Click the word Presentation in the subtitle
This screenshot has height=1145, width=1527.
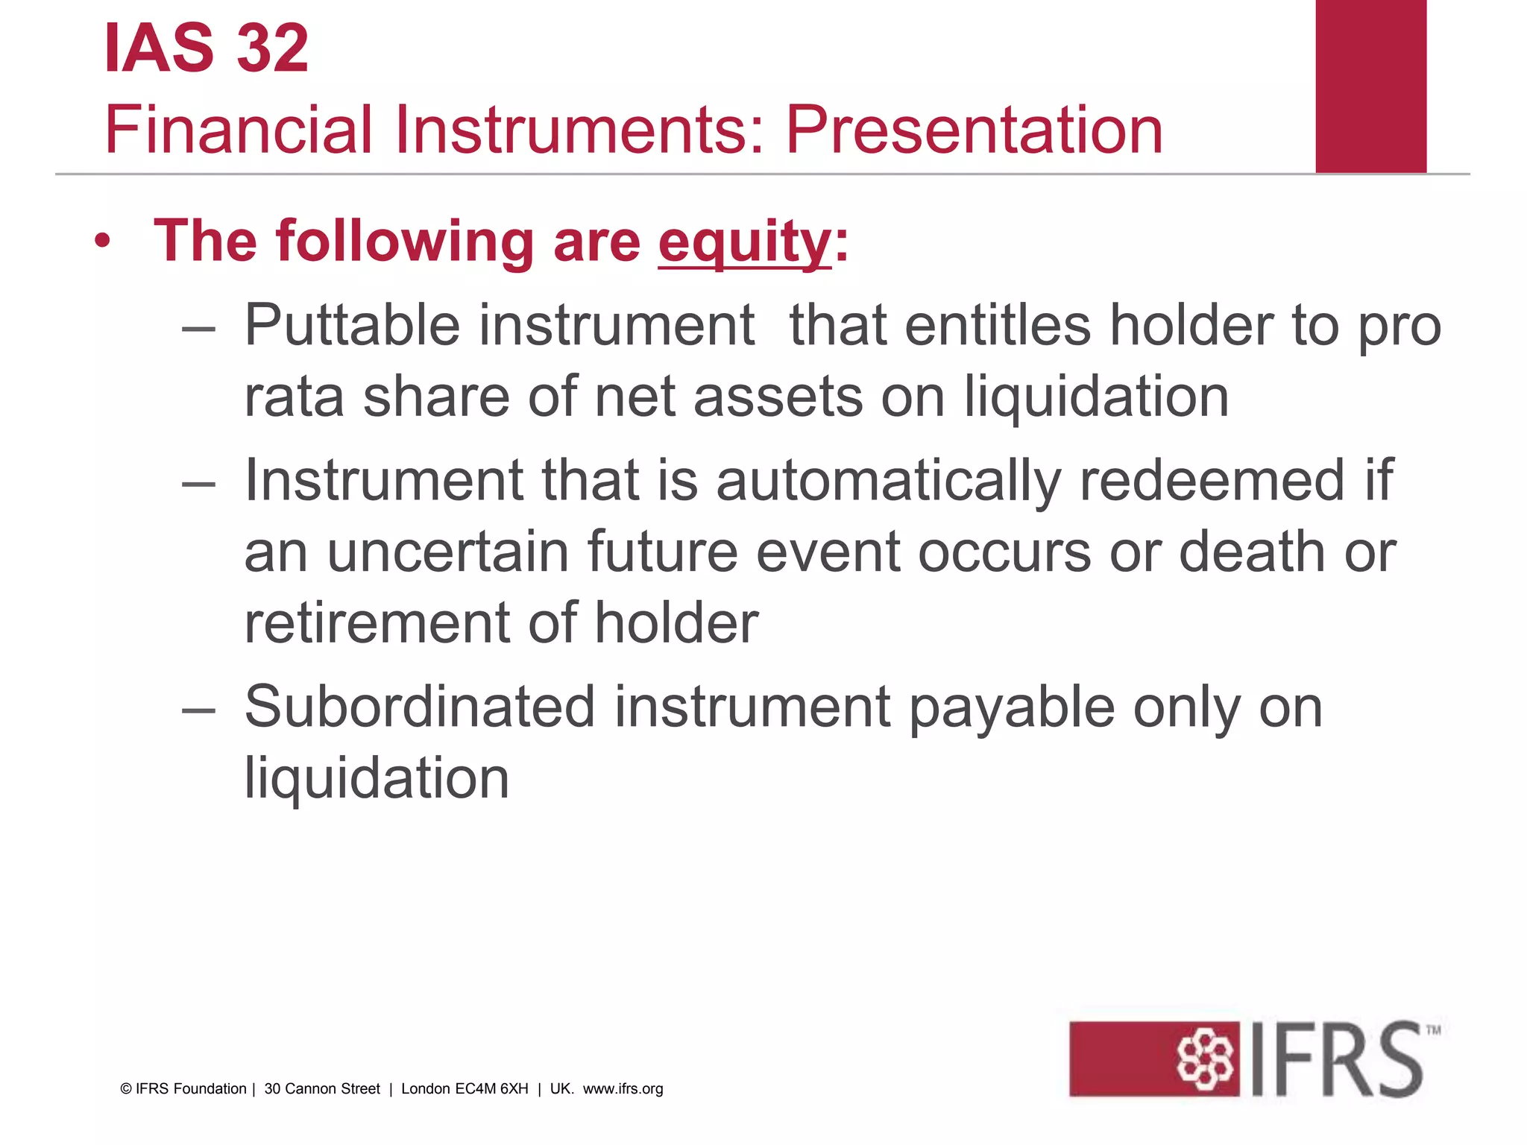point(974,130)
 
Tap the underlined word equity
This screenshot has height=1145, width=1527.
point(744,242)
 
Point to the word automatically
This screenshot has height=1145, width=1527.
point(888,481)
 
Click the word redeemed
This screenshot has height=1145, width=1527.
point(1212,481)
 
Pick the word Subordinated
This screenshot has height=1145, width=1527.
point(420,707)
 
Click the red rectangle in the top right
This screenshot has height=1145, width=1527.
point(1370,86)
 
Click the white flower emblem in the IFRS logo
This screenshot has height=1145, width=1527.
point(1205,1059)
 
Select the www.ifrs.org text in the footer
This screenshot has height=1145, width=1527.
point(623,1089)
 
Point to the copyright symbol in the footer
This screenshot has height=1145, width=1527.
point(126,1089)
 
